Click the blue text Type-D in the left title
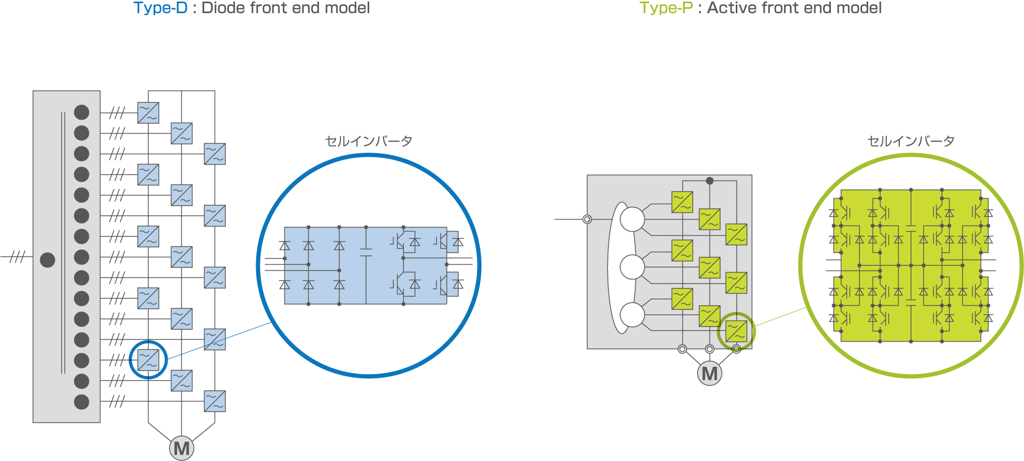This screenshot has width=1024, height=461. [160, 8]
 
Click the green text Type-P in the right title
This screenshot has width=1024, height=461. [666, 8]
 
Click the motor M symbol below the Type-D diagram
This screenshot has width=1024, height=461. [181, 448]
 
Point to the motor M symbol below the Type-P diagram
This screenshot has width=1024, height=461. [709, 374]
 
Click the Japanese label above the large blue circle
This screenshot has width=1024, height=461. [368, 141]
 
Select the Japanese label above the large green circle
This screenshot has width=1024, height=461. [910, 141]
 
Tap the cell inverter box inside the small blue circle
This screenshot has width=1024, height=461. [148, 360]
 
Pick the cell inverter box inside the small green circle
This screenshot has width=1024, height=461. [736, 332]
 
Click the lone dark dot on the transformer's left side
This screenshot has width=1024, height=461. [47, 260]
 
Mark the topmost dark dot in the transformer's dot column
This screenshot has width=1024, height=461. [82, 112]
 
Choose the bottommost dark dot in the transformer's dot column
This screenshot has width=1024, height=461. [82, 402]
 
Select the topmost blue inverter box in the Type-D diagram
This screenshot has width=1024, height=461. [148, 113]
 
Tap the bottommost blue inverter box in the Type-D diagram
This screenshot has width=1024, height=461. [215, 401]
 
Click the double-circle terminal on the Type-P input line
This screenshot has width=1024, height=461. [587, 219]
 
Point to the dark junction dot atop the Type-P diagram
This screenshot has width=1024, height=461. [709, 181]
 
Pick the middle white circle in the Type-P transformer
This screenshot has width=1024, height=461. [632, 267]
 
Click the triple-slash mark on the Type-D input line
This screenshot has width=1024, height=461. [18, 257]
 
